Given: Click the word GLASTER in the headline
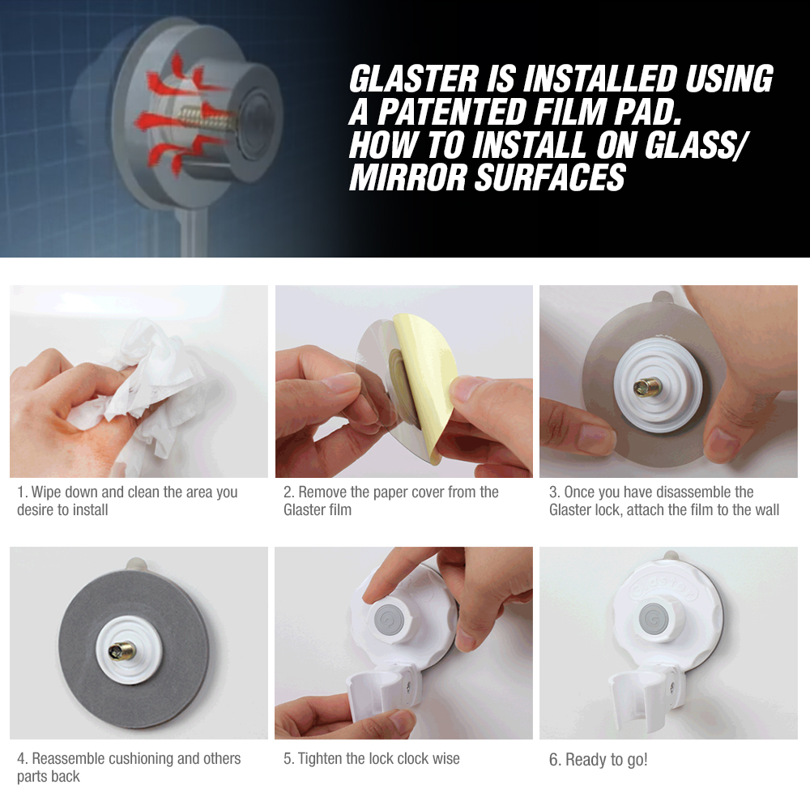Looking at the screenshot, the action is coord(414,79).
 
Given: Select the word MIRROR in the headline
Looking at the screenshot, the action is coord(407,177).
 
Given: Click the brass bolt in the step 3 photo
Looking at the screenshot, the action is coord(648,386).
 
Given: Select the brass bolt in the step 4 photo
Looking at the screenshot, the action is coord(122,651).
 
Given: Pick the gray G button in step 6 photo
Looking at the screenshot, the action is coord(655,618).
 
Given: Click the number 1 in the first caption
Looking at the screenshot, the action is coord(21,492).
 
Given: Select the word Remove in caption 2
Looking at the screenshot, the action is coord(325,492).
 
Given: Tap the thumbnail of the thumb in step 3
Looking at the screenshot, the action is coord(723,443).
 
